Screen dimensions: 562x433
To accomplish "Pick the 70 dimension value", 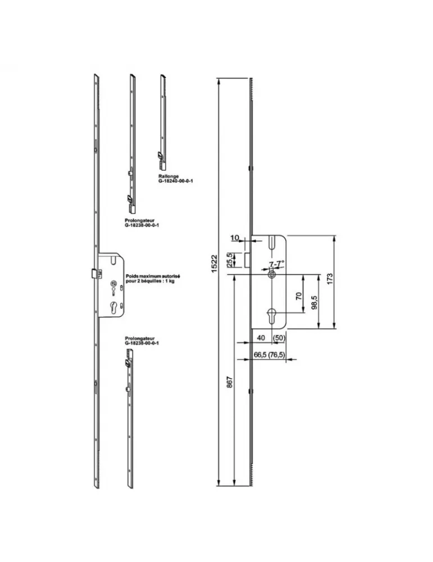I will (299, 294).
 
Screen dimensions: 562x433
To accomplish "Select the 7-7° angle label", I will (276, 263).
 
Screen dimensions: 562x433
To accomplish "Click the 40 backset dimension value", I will (261, 338).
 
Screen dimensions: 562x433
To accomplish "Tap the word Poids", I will (132, 276).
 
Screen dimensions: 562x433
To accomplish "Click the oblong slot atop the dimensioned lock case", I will (271, 244).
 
